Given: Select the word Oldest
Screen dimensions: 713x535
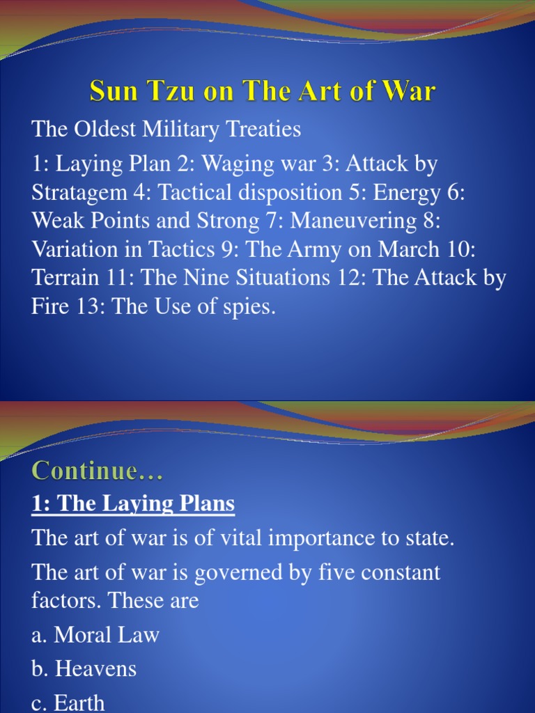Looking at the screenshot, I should click(105, 129).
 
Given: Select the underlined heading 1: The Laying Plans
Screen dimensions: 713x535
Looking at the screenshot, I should click(133, 503).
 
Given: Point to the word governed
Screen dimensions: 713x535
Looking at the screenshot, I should click(240, 572).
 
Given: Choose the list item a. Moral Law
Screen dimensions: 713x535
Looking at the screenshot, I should click(95, 635).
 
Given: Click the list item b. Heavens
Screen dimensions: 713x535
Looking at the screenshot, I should click(84, 669).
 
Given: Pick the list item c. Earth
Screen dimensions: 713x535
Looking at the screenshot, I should click(68, 702).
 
